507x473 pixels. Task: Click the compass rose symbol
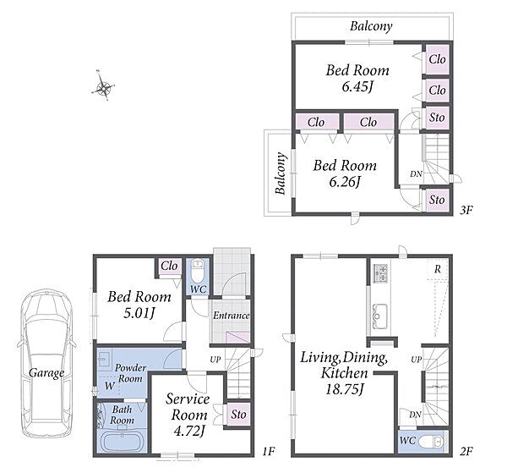pyautogui.click(x=103, y=86)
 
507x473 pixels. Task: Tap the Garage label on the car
pyautogui.click(x=46, y=373)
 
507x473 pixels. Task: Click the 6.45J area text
pyautogui.click(x=357, y=87)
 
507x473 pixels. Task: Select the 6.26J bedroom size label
pyautogui.click(x=345, y=182)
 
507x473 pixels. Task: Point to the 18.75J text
pyautogui.click(x=345, y=389)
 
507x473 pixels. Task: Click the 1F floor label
pyautogui.click(x=269, y=451)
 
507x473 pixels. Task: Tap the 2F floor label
pyautogui.click(x=466, y=451)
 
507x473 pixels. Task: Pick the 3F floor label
pyautogui.click(x=466, y=211)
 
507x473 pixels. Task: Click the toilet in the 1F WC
pyautogui.click(x=197, y=271)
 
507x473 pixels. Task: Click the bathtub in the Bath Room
pyautogui.click(x=123, y=441)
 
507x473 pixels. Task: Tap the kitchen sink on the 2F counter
pyautogui.click(x=379, y=316)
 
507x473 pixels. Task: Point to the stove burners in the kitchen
pyautogui.click(x=380, y=273)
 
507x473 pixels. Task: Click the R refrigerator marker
pyautogui.click(x=438, y=269)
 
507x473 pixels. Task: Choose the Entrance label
pyautogui.click(x=232, y=316)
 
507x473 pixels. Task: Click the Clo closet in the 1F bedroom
pyautogui.click(x=169, y=267)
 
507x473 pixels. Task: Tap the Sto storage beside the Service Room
pyautogui.click(x=238, y=415)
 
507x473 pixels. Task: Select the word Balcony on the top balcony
pyautogui.click(x=371, y=26)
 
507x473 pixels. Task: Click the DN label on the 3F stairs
pyautogui.click(x=416, y=173)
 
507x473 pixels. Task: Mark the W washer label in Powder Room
pyautogui.click(x=110, y=386)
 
